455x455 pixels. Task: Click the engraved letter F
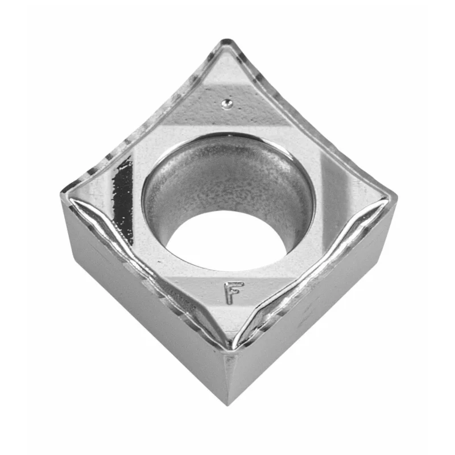pyautogui.click(x=233, y=292)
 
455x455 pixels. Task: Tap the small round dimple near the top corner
pyautogui.click(x=226, y=104)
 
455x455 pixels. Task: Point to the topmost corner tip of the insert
pyautogui.click(x=227, y=40)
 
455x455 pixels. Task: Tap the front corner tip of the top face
pyautogui.click(x=231, y=347)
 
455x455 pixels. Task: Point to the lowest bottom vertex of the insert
pyautogui.click(x=229, y=405)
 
